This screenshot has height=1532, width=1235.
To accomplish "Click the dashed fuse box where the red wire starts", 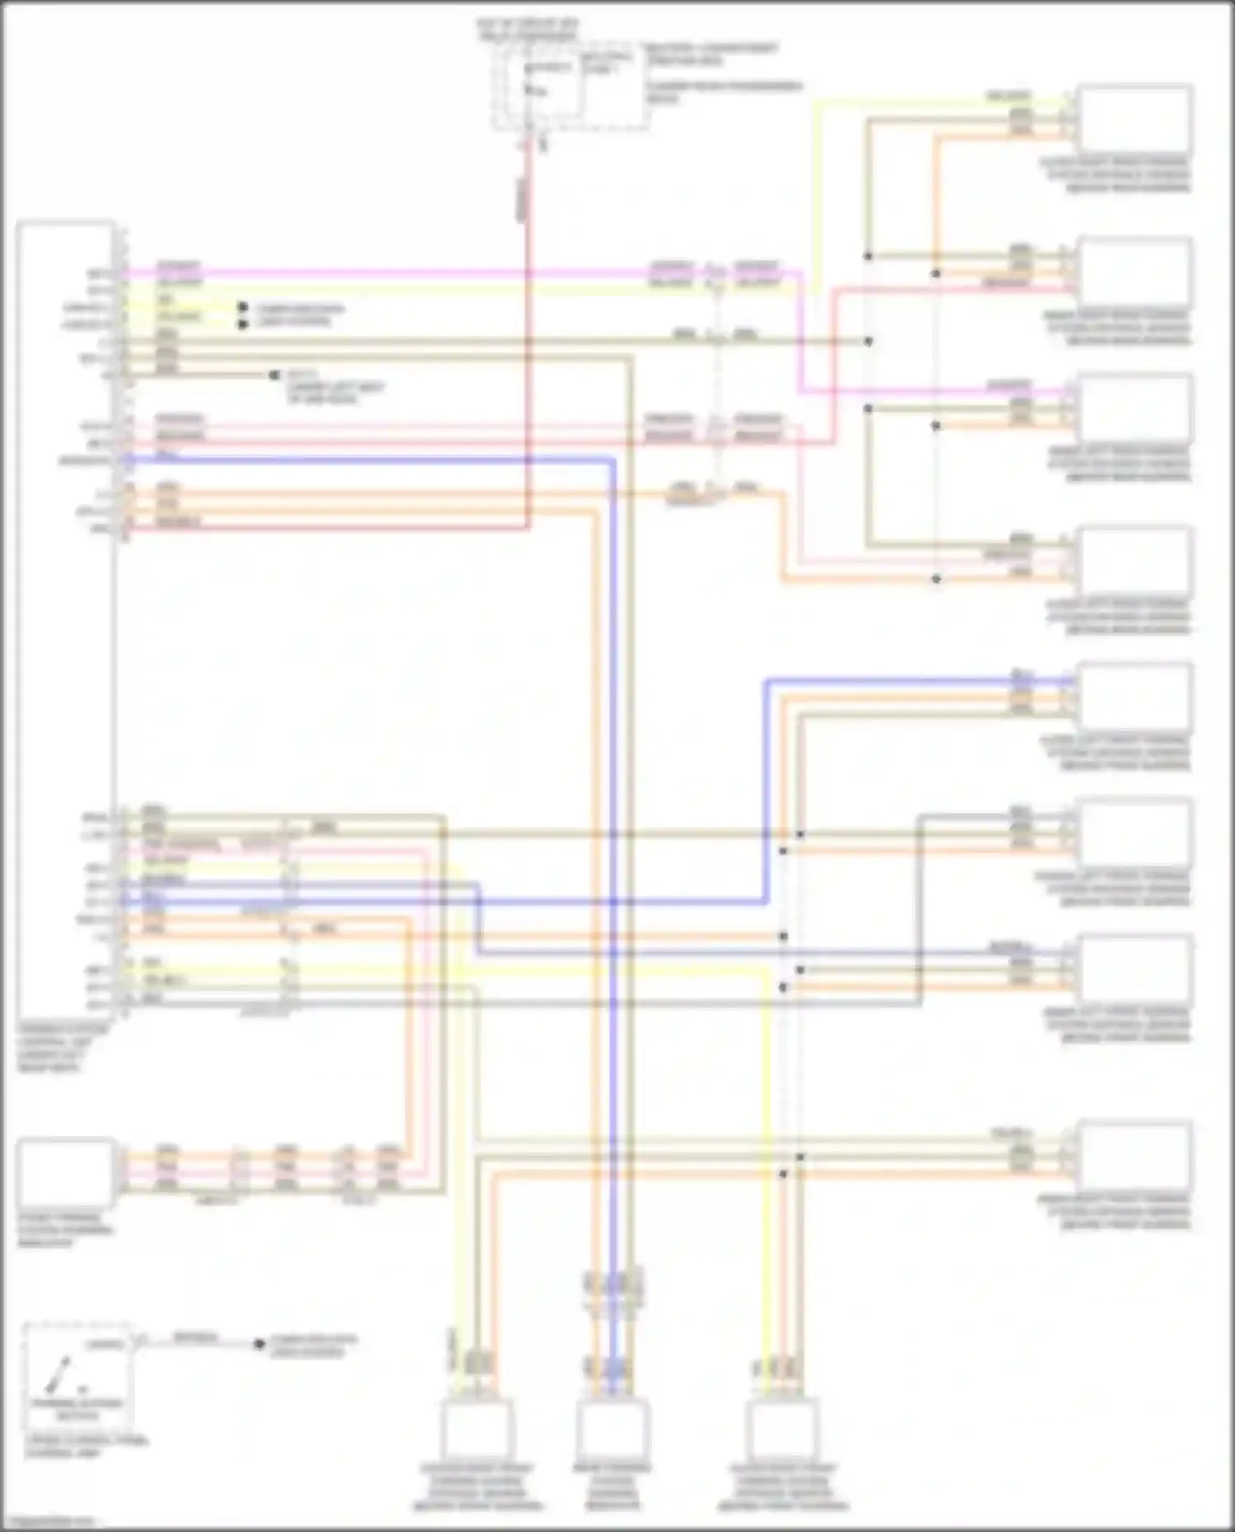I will point(568,86).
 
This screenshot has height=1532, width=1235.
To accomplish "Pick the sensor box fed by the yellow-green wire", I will point(1135,118).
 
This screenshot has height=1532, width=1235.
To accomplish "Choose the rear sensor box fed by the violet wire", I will point(1135,407).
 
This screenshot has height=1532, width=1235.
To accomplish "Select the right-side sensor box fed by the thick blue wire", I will point(1135,697).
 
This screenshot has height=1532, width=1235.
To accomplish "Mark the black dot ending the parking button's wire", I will point(259,1344).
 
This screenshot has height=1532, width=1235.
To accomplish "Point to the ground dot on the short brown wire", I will point(274,375).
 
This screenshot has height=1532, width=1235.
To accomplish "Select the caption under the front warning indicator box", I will point(66,1230).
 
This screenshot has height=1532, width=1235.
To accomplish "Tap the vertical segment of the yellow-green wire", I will point(815,198).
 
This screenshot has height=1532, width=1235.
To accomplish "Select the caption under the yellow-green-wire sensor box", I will point(1118,175).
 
